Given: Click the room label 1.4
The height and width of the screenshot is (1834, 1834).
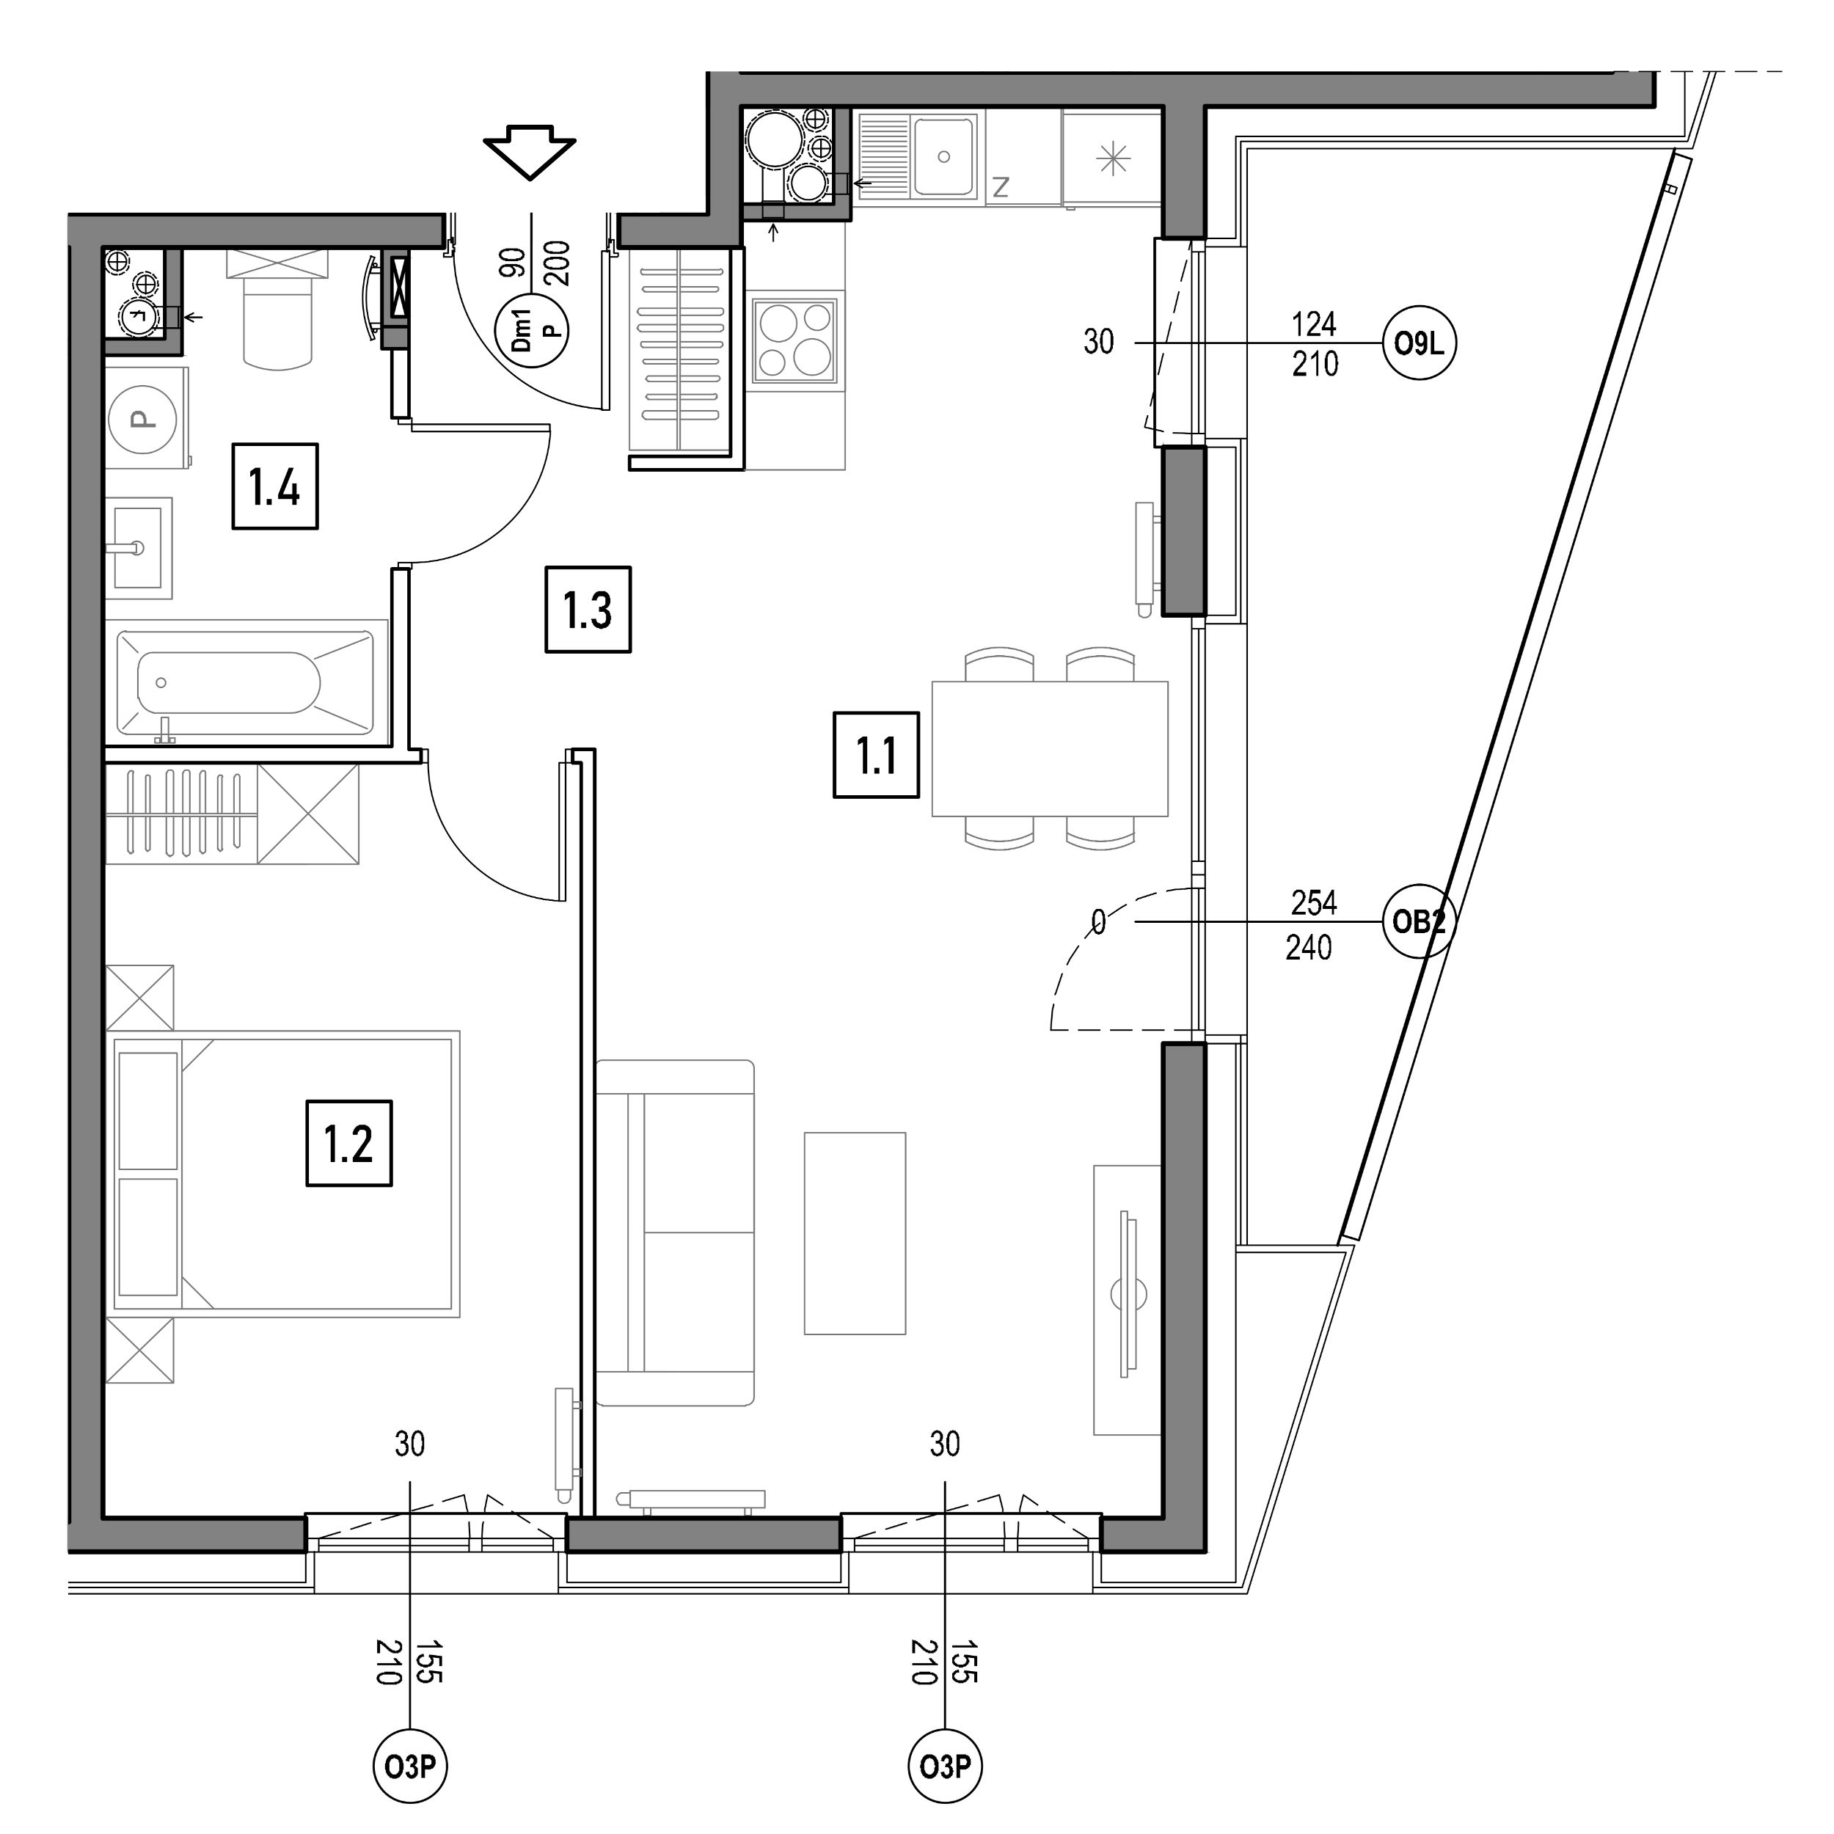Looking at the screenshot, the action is pyautogui.click(x=275, y=487).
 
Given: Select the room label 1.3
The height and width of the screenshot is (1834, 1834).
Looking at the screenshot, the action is pyautogui.click(x=588, y=610).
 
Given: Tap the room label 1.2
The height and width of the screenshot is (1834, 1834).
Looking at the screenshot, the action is pyautogui.click(x=348, y=1143).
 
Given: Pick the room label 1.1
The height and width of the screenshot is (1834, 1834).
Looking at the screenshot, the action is pyautogui.click(x=876, y=755).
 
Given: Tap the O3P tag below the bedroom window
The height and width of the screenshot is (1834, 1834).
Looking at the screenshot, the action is pyautogui.click(x=409, y=1767).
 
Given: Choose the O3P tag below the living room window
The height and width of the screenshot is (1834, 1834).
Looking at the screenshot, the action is pyautogui.click(x=945, y=1767).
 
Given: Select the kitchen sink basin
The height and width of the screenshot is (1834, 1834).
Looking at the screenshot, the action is pyautogui.click(x=943, y=156).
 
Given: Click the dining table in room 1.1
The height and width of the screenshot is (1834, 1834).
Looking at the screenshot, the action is pyautogui.click(x=1050, y=748).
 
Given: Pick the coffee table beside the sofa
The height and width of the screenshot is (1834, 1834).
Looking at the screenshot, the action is pyautogui.click(x=855, y=1233).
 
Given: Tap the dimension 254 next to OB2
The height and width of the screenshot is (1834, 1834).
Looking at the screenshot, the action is pyautogui.click(x=1314, y=903).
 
